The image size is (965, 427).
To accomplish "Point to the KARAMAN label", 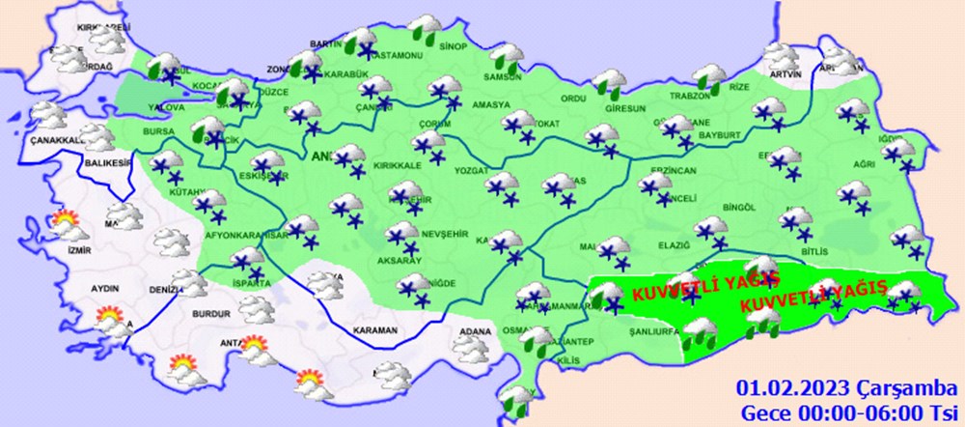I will pyautogui.click(x=374, y=330).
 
